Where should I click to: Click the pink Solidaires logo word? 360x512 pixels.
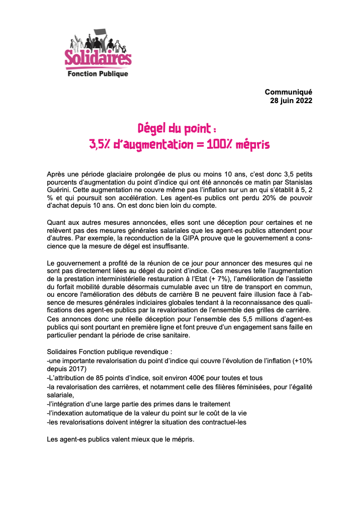tap(98, 58)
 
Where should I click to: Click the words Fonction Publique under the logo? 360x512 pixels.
tap(98, 74)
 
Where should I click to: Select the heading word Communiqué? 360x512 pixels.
tap(288, 92)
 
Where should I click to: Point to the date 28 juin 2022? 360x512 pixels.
tap(291, 101)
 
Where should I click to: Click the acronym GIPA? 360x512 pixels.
tap(189, 239)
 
